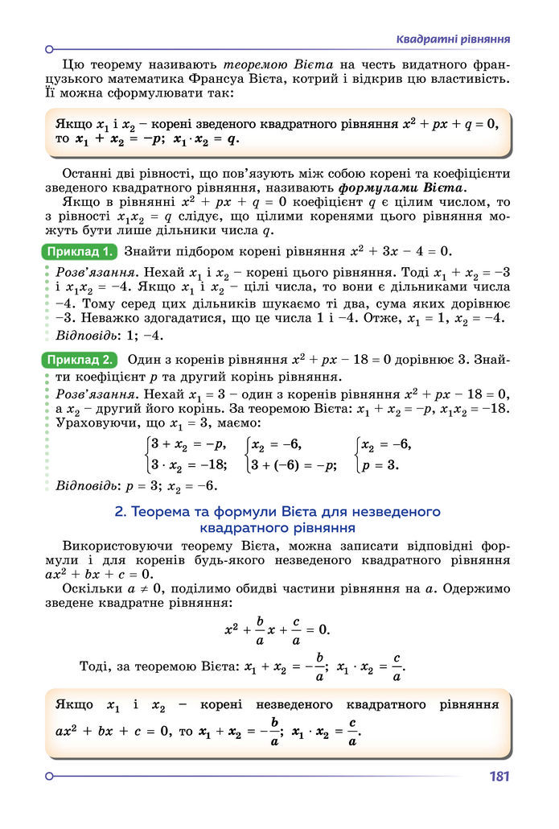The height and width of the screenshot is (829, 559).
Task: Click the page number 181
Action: [x=499, y=777]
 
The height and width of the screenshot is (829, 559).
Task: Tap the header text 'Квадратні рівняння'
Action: [x=454, y=39]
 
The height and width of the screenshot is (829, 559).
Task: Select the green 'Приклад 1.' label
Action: [x=79, y=251]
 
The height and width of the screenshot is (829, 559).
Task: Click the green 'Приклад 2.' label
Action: [x=79, y=359]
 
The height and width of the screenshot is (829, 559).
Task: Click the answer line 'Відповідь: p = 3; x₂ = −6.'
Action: [x=137, y=486]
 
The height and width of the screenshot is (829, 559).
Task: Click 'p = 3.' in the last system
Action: [x=380, y=464]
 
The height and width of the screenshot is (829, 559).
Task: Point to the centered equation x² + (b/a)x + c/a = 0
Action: [x=277, y=629]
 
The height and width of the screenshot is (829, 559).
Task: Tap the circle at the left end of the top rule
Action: [x=50, y=48]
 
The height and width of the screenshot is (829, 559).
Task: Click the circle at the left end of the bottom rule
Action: [x=50, y=776]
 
